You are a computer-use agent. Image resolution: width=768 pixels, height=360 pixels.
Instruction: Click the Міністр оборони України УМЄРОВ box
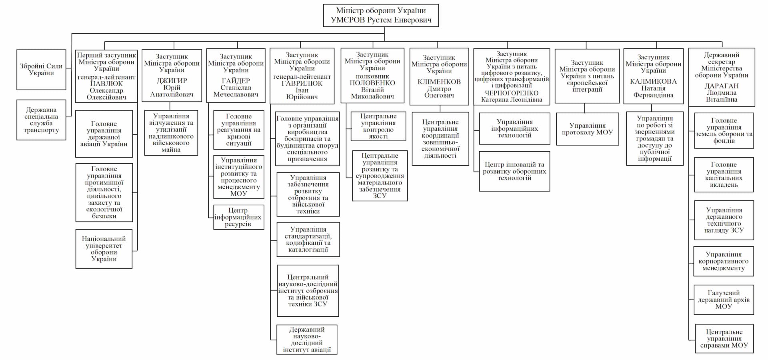380,16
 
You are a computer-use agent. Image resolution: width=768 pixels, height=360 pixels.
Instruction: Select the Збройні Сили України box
41,70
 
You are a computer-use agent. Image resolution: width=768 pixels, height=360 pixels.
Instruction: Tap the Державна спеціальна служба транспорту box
41,120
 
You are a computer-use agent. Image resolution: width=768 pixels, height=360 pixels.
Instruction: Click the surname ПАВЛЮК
106,84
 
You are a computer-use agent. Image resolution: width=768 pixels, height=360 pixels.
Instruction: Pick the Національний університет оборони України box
104,249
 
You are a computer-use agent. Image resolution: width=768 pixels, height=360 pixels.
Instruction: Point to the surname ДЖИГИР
172,81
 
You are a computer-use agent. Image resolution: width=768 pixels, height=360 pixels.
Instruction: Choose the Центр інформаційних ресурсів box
238,217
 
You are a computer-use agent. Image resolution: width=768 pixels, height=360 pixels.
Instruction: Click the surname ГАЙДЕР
236,81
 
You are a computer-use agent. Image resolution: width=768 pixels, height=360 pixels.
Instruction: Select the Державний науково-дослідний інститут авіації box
307,340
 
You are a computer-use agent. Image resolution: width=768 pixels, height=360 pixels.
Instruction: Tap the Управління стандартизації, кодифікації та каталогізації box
308,240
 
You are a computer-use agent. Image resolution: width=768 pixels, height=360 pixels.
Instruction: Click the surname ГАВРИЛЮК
302,84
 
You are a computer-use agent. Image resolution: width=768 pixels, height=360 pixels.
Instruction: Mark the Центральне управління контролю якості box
378,126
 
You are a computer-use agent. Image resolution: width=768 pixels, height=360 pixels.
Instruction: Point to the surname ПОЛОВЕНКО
372,83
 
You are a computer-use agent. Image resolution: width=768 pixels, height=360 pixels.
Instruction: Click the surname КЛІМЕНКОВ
439,82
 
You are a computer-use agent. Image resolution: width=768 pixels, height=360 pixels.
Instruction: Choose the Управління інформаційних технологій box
514,128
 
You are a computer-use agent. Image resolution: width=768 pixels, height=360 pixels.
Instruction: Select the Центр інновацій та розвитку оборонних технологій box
514,171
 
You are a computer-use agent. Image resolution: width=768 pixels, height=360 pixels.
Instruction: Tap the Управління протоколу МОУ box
587,129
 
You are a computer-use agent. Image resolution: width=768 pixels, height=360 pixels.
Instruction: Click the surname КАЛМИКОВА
653,82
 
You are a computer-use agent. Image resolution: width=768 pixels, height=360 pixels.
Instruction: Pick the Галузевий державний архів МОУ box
724,300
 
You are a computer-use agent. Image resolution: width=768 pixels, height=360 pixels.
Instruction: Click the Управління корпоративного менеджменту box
724,262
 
